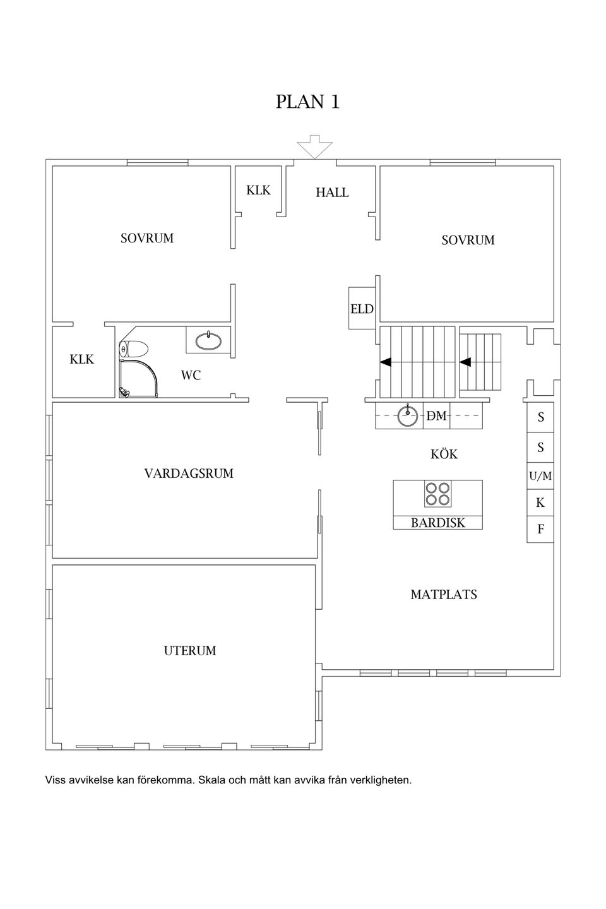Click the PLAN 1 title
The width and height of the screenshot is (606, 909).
(307, 102)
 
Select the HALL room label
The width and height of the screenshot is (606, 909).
(332, 193)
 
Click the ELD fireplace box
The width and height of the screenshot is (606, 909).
(362, 309)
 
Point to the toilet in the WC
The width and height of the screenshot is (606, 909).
(134, 348)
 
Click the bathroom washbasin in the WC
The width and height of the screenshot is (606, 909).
(209, 341)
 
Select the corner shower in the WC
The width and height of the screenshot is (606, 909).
(138, 378)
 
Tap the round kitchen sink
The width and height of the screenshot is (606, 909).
(407, 415)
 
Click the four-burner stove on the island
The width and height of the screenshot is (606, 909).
(437, 493)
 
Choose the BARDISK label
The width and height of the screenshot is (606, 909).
(437, 523)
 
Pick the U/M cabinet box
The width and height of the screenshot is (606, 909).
(540, 475)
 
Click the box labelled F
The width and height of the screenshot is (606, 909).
(540, 529)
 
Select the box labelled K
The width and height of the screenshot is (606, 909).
(540, 502)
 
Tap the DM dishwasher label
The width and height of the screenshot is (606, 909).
(436, 415)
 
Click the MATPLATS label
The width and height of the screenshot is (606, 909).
(444, 595)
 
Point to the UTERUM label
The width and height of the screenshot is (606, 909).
(190, 650)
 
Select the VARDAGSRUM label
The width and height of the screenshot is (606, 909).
(189, 473)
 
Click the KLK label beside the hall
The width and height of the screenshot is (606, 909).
(258, 190)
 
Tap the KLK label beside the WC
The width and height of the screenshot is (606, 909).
(81, 359)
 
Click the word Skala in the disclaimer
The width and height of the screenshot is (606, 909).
(211, 780)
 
